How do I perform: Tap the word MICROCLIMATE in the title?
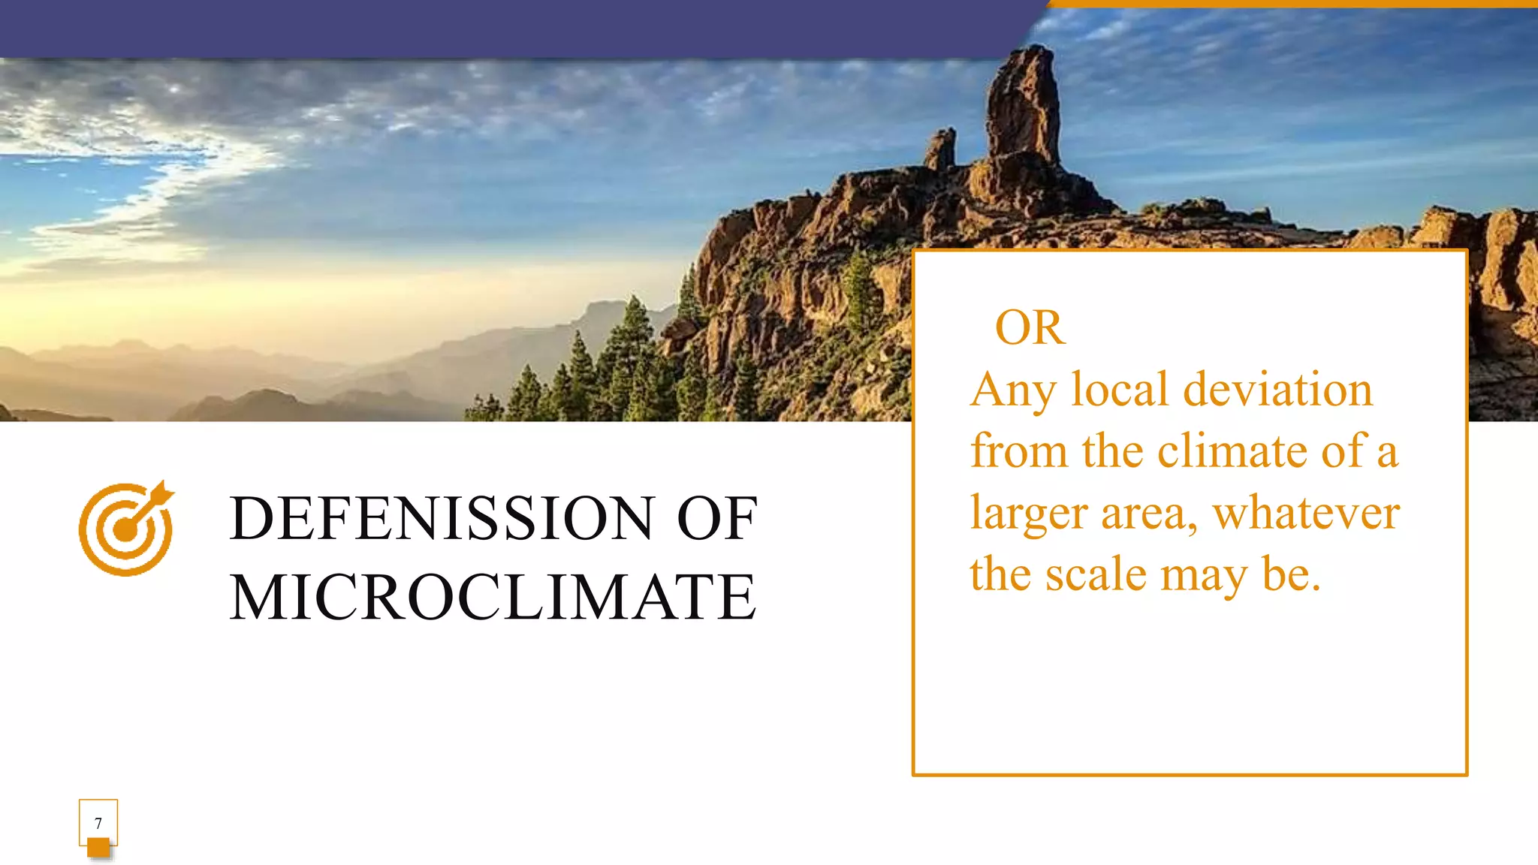493,597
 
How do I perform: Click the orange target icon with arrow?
126,529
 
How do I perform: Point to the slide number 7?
98,823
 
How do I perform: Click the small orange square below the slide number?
98,848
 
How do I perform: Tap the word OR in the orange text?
1030,328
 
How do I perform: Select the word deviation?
1277,390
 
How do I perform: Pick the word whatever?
1306,513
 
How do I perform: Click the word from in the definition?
1018,451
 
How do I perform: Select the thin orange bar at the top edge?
1292,4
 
